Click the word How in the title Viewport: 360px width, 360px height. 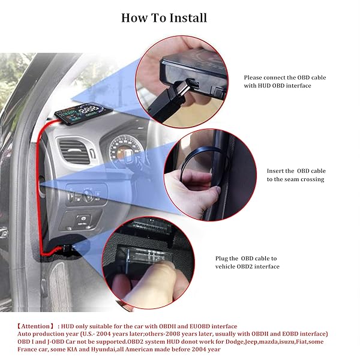click(134, 17)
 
